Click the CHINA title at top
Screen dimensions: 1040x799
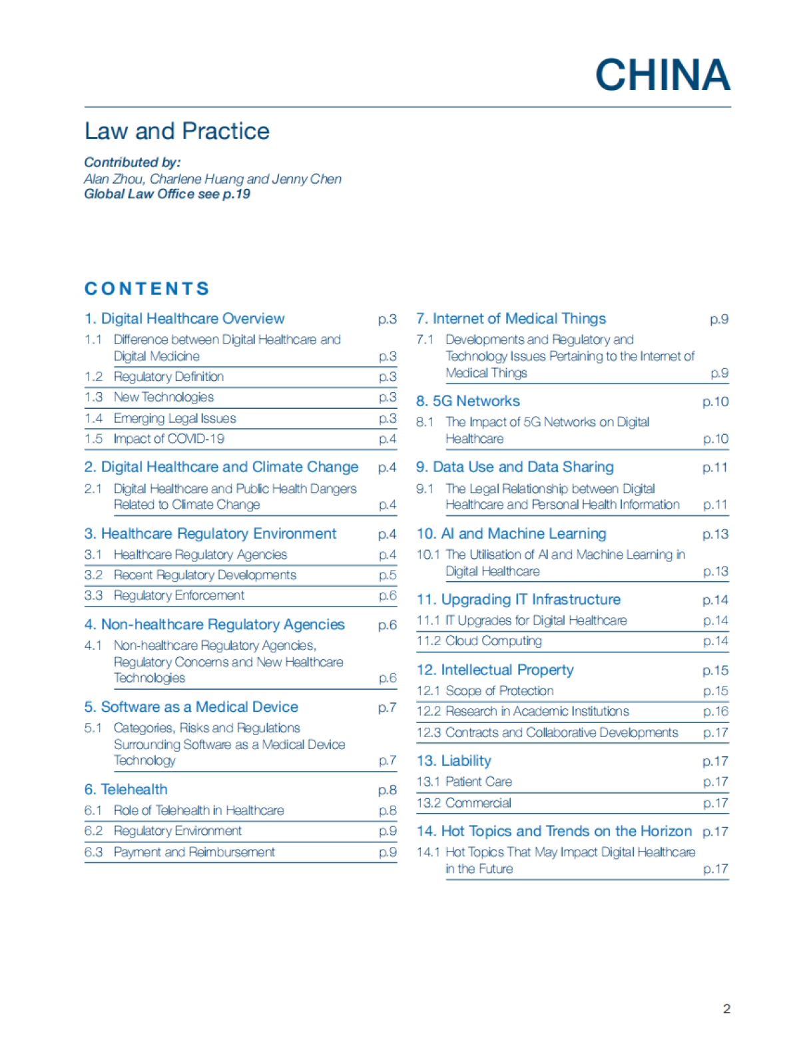663,75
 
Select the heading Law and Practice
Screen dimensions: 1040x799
177,131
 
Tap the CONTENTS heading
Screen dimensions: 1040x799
147,288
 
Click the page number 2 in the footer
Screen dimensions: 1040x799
726,1009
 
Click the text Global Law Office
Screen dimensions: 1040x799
139,194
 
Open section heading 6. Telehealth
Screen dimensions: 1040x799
126,790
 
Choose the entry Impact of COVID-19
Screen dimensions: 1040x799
169,439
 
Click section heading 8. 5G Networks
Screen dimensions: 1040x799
468,401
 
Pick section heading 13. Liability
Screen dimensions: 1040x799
454,761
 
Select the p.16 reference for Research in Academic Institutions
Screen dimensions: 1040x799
716,712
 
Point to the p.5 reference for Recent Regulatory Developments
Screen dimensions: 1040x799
388,575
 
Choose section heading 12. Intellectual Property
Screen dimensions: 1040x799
495,670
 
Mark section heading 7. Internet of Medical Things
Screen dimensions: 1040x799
511,319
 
